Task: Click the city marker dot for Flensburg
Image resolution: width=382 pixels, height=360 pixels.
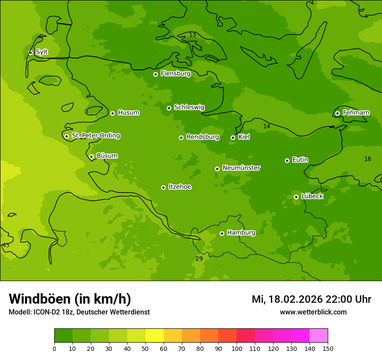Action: [155, 74]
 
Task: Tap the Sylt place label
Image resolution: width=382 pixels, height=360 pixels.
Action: [42, 52]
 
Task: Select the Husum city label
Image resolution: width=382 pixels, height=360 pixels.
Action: [128, 113]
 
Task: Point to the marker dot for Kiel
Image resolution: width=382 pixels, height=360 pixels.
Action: [233, 137]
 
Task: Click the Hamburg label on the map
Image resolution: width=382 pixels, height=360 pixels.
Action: [241, 233]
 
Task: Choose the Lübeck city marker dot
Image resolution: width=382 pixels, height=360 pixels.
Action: [296, 197]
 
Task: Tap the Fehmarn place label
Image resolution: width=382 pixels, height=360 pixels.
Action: [356, 113]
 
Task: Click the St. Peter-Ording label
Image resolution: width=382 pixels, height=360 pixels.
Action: [95, 136]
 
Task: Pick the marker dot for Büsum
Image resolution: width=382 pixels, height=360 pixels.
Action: [91, 157]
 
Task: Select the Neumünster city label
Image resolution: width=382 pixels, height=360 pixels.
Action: [241, 168]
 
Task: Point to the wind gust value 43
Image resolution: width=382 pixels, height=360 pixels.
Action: [6, 245]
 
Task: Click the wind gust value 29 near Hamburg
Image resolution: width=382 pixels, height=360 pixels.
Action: [199, 259]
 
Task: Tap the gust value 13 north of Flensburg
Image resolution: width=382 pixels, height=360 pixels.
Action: [192, 35]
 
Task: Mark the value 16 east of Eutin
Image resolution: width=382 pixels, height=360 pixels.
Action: [368, 159]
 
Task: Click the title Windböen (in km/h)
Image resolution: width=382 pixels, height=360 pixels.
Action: [70, 299]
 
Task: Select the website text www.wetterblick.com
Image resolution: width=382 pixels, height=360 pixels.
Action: [313, 312]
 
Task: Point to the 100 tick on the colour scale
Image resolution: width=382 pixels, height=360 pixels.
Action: [237, 348]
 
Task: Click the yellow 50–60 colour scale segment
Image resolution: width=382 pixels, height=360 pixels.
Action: [155, 336]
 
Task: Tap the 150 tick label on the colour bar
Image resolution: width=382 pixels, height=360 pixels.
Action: [328, 348]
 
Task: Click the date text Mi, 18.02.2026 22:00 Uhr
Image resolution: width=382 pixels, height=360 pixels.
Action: [311, 299]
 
